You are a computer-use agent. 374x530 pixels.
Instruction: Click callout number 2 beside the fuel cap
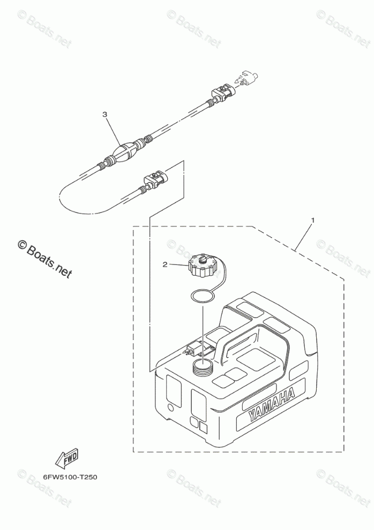point(166,264)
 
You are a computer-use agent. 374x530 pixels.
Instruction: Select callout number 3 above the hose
point(105,114)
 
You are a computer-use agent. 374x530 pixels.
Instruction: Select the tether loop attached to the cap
point(222,279)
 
